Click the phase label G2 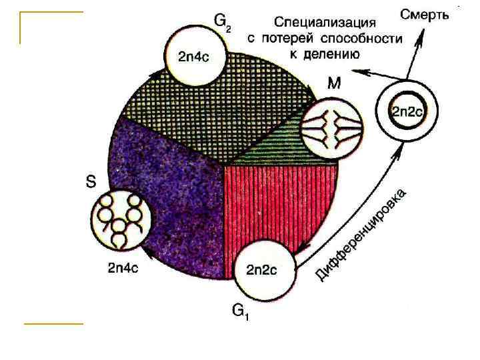[223, 23]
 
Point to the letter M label [335, 83]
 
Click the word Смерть [425, 13]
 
